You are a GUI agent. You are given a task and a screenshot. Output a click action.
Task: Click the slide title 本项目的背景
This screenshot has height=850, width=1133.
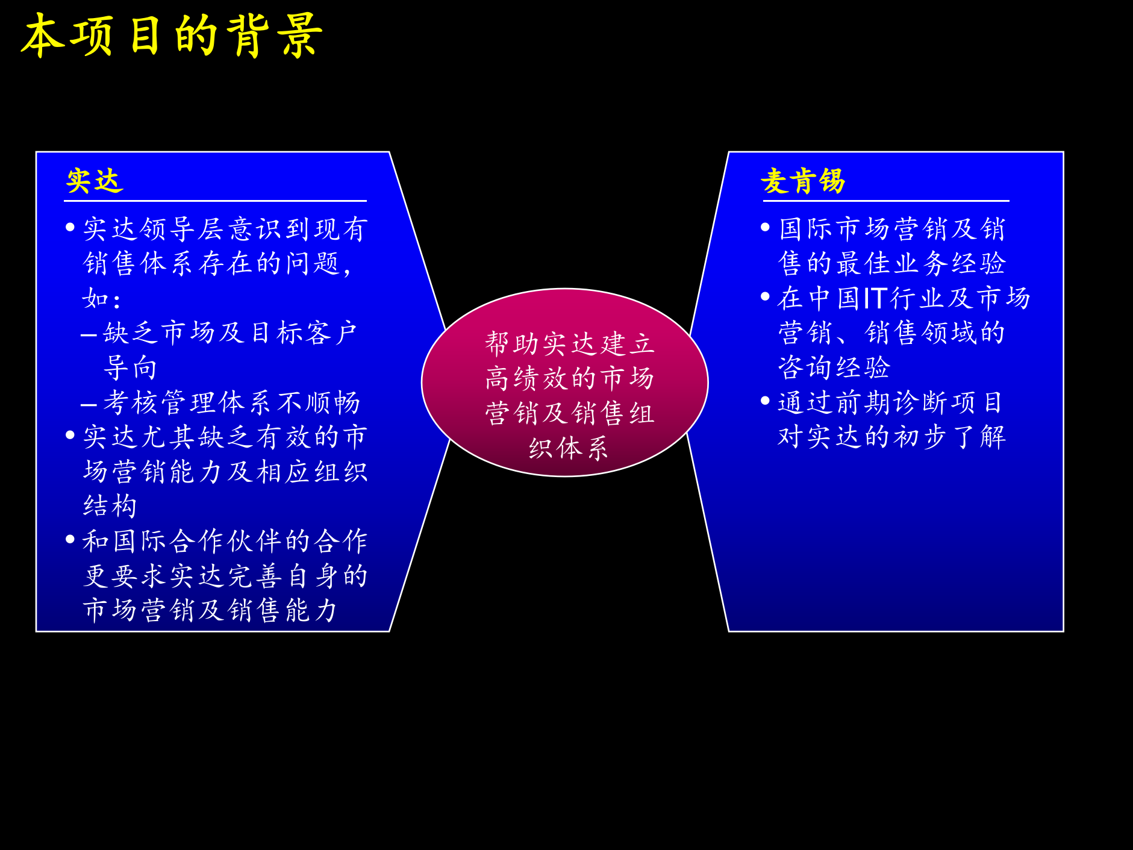[x=172, y=36]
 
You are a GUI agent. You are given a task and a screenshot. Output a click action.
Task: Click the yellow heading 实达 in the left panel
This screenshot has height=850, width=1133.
[x=95, y=181]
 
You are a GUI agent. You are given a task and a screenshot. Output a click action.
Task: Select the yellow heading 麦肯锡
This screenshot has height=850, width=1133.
[x=803, y=181]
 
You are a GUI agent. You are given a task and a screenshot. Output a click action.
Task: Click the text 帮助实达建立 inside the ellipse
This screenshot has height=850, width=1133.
[x=569, y=344]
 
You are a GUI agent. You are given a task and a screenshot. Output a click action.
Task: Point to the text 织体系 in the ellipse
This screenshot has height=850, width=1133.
[x=568, y=448]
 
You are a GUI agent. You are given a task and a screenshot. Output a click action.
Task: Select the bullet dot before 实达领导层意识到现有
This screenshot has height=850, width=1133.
[x=70, y=228]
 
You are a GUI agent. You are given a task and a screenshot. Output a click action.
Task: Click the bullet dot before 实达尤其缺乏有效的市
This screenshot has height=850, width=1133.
[x=70, y=435]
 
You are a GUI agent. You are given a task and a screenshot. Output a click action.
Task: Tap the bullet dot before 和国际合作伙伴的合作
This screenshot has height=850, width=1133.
[x=70, y=539]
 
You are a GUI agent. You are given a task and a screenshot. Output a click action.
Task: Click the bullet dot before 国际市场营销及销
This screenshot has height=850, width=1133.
[x=766, y=228]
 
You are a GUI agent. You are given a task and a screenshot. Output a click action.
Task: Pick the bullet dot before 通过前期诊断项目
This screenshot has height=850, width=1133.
[x=766, y=401]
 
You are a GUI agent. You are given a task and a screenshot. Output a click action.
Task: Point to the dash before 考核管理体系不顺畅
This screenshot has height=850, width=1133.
[x=89, y=404]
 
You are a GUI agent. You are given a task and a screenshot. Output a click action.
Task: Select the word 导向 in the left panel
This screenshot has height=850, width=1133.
[x=131, y=367]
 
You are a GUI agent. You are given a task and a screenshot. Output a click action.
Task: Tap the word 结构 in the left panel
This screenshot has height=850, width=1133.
[x=110, y=506]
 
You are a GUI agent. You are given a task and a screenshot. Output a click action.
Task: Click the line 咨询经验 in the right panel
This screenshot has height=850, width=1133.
[x=834, y=367]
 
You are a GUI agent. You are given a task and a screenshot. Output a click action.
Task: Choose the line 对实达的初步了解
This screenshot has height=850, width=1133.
[x=891, y=437]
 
